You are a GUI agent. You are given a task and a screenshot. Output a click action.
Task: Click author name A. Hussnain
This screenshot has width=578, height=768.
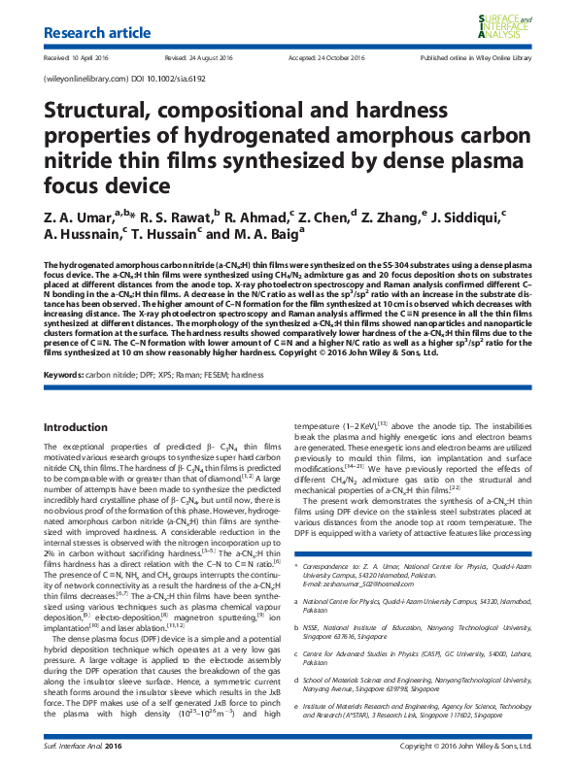[x=83, y=234]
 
